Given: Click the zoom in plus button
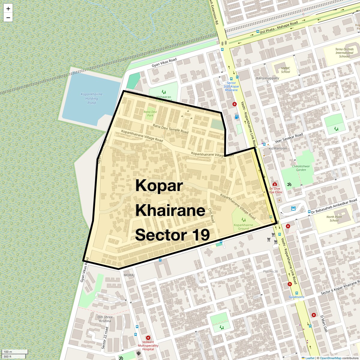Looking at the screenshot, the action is click(x=8, y=9).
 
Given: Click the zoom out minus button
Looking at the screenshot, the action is click(x=8, y=18).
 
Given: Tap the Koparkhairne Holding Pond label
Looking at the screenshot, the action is click(x=91, y=98).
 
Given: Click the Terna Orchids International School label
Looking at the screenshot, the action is click(x=344, y=53).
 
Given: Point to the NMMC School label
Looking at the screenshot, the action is click(x=285, y=70).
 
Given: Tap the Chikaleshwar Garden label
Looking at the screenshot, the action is click(x=301, y=168).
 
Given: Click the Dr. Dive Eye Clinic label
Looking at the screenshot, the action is click(x=276, y=190).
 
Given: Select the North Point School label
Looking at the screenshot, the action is click(x=334, y=219).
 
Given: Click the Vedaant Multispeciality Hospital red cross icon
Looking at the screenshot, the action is click(x=148, y=338).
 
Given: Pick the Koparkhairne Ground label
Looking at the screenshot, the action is click(x=243, y=226).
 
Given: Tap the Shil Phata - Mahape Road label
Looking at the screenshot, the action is click(x=279, y=27).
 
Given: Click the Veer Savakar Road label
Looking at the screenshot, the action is click(x=289, y=139).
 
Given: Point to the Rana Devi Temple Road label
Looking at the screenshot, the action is click(x=170, y=129).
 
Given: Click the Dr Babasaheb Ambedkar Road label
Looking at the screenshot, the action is click(x=334, y=206).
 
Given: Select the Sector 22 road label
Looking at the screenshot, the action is click(x=104, y=338).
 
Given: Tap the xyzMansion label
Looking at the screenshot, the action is click(x=277, y=148).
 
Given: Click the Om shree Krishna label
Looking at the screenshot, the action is click(x=105, y=319).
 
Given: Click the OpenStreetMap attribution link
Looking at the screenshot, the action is click(x=330, y=358).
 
